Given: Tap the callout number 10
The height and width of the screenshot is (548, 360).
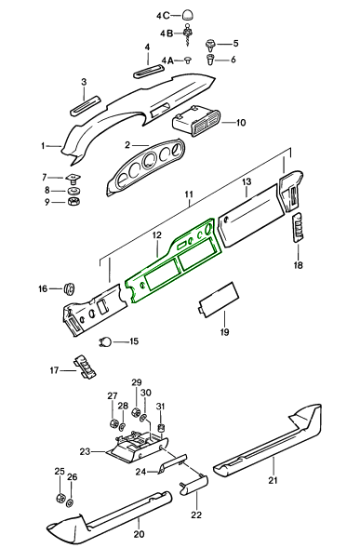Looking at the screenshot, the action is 241,123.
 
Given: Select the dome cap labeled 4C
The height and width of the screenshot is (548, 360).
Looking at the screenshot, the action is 188,15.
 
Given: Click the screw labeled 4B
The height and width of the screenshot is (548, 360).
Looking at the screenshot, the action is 189,35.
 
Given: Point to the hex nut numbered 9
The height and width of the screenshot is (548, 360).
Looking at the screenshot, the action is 74,202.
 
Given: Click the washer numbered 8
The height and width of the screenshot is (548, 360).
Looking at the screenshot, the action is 74,191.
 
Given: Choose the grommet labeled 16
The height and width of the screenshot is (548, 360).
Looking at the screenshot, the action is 70,288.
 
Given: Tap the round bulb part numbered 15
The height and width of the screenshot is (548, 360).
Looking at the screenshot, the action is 105,341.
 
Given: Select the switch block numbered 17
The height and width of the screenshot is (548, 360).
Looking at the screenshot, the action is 85,367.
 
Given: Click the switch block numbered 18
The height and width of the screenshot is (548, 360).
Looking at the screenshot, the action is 298,227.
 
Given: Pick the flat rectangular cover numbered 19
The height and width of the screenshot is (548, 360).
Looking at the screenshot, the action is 219,300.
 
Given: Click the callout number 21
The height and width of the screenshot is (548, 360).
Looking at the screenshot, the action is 273,480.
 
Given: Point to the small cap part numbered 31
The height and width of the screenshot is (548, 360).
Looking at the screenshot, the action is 161,428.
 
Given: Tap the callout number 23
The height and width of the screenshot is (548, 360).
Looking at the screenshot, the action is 85,451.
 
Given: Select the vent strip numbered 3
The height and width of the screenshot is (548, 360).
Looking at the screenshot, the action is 86,105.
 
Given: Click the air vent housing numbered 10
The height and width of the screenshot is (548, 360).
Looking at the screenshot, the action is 196,121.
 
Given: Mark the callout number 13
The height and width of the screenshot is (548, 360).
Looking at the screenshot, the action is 247,181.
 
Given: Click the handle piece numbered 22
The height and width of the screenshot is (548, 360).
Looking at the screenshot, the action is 194,485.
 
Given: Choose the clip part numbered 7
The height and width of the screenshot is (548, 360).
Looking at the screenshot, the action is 73,179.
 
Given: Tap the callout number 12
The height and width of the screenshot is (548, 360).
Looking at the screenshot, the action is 157,235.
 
